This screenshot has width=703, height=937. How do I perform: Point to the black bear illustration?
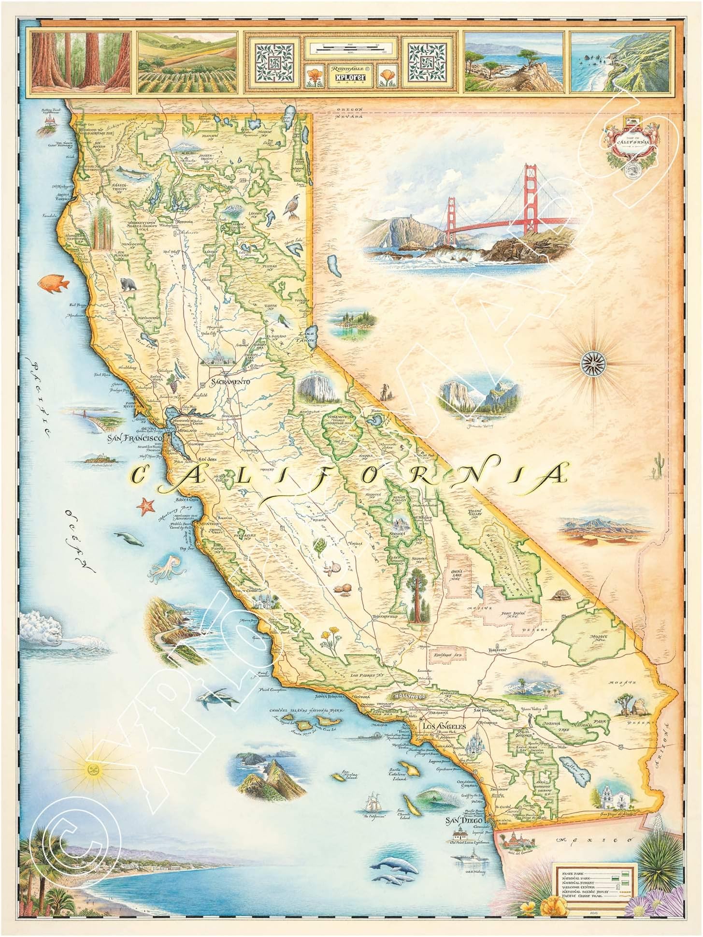tap(128, 284)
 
